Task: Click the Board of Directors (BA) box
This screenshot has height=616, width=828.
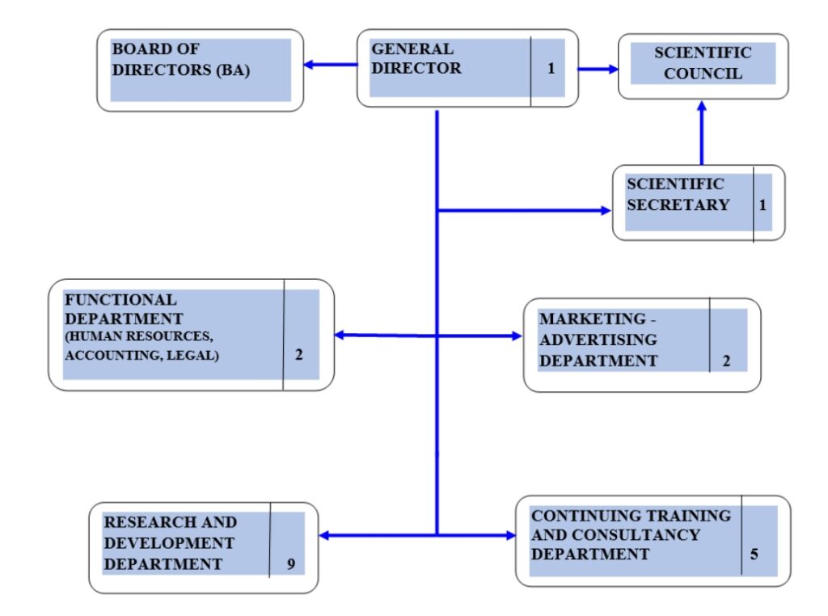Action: [x=200, y=70]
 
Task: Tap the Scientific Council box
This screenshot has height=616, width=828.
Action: [x=703, y=65]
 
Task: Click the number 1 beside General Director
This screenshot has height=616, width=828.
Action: [x=551, y=69]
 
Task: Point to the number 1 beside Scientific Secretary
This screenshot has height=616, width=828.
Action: [x=763, y=205]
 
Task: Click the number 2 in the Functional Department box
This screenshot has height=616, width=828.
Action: [x=298, y=354]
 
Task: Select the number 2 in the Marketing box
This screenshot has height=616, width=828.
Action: [x=726, y=361]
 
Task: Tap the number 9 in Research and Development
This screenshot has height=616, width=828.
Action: [x=291, y=563]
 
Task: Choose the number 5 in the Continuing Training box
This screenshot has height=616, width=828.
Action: [x=754, y=555]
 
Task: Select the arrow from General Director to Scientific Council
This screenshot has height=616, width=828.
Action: [x=598, y=69]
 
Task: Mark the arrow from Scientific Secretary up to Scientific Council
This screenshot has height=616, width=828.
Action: [x=701, y=133]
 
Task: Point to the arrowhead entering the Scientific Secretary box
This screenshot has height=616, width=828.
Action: [x=606, y=211]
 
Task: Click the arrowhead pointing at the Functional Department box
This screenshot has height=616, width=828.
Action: [x=340, y=335]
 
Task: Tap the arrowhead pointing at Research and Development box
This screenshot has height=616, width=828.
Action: [x=325, y=535]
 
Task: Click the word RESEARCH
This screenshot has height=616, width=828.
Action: [x=136, y=522]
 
